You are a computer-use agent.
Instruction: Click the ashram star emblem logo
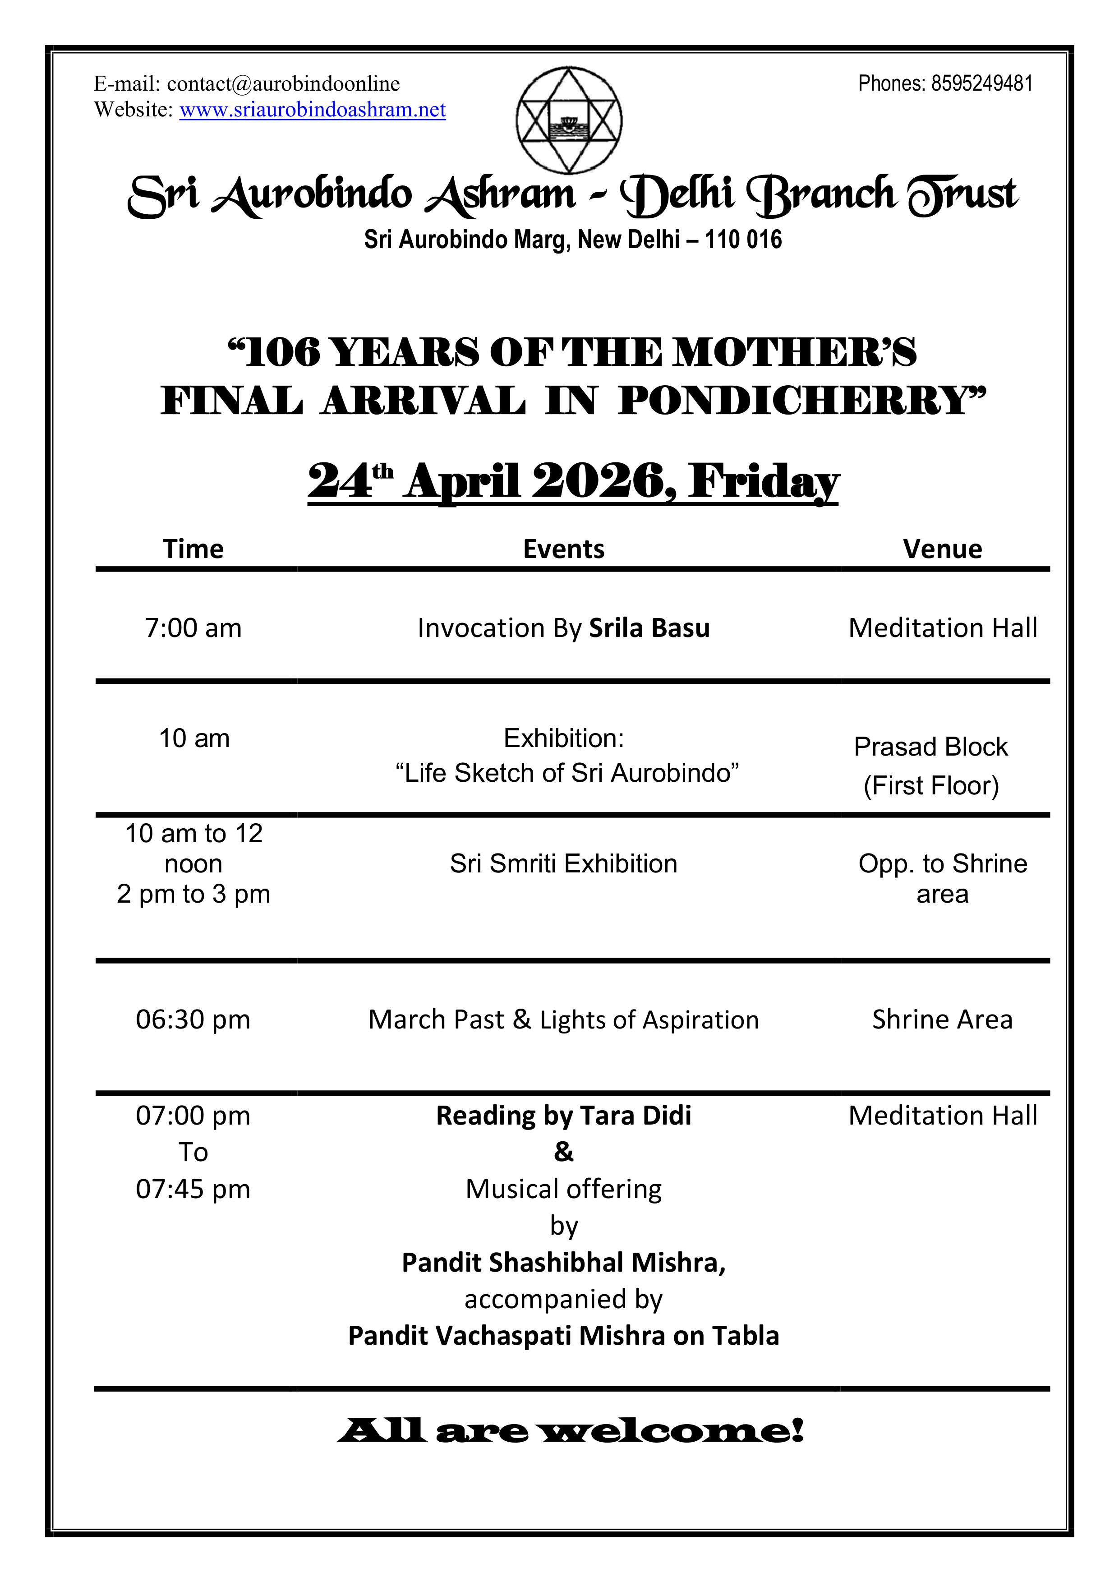pyautogui.click(x=569, y=120)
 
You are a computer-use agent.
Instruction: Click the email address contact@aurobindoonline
pyautogui.click(x=283, y=84)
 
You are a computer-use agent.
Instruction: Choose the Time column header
pyautogui.click(x=193, y=549)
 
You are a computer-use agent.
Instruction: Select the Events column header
pyautogui.click(x=564, y=549)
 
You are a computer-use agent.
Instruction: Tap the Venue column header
pyautogui.click(x=943, y=549)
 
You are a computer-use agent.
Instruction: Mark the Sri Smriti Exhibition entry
pyautogui.click(x=564, y=864)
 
